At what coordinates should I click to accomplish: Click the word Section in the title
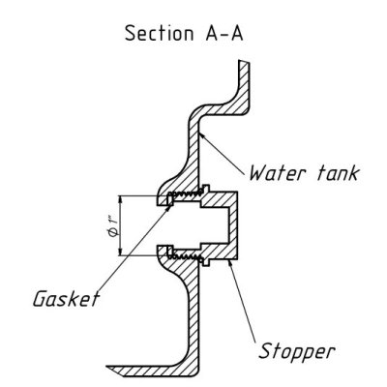(x=159, y=33)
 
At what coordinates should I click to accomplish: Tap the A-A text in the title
(x=224, y=33)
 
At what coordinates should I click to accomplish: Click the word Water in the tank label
(x=277, y=173)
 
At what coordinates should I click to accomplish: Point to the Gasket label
(x=66, y=299)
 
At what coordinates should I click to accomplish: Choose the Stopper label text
(x=297, y=351)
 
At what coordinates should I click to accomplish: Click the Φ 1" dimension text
(x=112, y=227)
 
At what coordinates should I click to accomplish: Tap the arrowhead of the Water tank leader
(x=203, y=135)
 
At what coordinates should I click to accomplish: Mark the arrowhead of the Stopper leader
(x=229, y=263)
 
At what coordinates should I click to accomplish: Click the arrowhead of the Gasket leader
(x=167, y=207)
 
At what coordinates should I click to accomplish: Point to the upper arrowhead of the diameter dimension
(x=120, y=200)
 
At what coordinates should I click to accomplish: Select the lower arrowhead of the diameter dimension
(x=120, y=252)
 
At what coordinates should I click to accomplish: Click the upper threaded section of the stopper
(x=186, y=194)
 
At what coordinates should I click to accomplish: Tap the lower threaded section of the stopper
(x=186, y=256)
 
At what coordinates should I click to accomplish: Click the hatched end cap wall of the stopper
(x=233, y=225)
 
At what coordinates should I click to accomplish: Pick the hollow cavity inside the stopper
(x=215, y=225)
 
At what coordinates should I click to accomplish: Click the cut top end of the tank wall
(x=244, y=62)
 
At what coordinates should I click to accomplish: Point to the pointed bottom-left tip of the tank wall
(x=108, y=368)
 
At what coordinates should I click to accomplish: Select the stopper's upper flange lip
(x=206, y=188)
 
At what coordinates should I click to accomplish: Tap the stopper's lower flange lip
(x=206, y=262)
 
